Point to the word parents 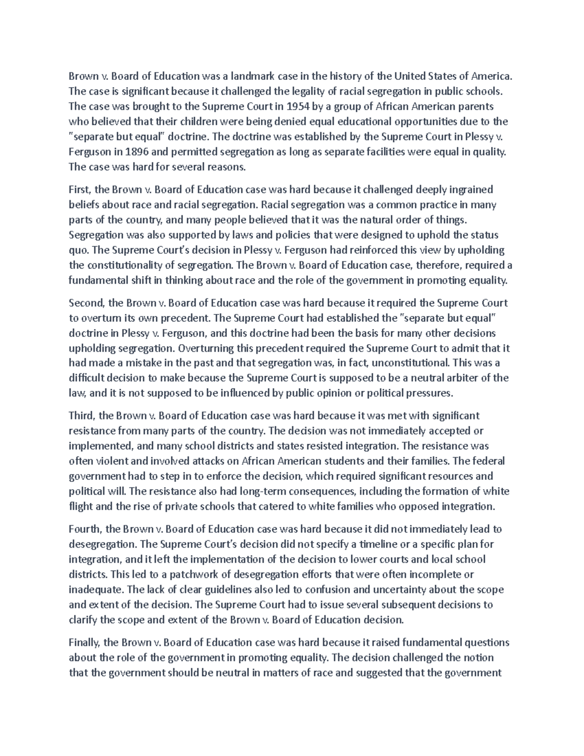click(x=474, y=106)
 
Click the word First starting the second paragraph click(x=79, y=189)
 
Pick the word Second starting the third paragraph click(x=86, y=303)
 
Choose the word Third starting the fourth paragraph click(x=82, y=416)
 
